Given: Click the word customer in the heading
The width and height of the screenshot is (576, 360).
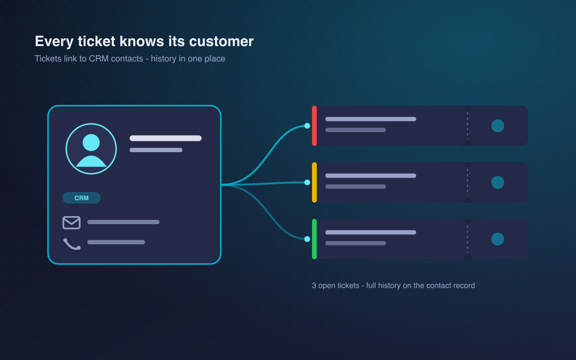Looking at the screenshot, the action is coord(221,41).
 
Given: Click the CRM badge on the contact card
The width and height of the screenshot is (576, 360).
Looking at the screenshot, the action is coord(82,198).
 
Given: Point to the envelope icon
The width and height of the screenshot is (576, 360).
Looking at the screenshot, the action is coord(72,222).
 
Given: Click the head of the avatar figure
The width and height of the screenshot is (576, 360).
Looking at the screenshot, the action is coord(91,143).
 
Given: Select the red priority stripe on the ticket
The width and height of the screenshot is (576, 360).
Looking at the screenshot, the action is coord(314,126).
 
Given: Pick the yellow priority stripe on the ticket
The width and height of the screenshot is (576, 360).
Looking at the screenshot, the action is coord(314,182).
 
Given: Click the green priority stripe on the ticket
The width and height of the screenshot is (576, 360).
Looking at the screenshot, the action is coord(314,239).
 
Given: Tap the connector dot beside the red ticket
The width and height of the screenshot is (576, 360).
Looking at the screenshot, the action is coord(307,126).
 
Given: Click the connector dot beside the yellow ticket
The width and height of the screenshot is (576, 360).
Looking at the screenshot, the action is coord(307,182).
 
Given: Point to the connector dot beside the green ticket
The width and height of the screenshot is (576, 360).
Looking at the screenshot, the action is coord(307,239).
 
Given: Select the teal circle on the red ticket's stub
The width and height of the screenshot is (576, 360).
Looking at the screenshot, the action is coord(498,126).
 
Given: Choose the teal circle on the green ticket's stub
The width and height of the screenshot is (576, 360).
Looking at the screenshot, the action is coord(498,239).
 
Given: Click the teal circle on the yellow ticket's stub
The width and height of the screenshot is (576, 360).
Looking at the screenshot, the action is coord(498,182).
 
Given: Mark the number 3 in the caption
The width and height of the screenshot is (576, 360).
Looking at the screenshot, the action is coord(314,286).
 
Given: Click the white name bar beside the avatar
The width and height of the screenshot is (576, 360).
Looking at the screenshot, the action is coord(166,138).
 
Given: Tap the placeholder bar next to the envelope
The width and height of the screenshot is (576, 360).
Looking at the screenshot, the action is coord(123,222).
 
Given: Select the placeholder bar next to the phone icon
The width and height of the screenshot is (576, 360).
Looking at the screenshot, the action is coord(116,242).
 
